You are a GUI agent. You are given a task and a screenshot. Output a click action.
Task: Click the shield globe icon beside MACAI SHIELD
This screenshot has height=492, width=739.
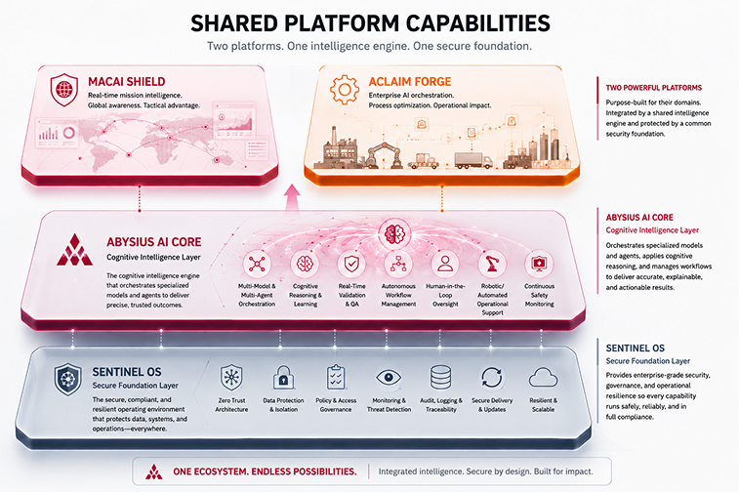coord(64,90)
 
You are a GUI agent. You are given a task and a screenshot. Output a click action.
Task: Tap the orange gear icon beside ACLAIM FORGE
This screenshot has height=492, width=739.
coord(345,89)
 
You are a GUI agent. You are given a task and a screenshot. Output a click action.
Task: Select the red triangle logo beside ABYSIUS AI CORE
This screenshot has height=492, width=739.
coord(74,250)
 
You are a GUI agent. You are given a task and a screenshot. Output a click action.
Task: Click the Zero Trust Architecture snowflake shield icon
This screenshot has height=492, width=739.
coord(231,378)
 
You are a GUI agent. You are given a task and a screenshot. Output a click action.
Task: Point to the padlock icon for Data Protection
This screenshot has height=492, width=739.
coord(284,378)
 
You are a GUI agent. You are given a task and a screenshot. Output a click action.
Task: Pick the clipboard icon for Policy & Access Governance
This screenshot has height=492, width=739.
coord(336,378)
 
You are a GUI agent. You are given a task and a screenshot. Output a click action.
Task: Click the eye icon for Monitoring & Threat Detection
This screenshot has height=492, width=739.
coord(389,378)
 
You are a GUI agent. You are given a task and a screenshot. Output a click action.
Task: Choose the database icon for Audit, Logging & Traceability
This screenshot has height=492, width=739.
coord(440,378)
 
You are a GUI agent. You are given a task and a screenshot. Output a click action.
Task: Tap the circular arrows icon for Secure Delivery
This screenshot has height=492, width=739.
coord(492,378)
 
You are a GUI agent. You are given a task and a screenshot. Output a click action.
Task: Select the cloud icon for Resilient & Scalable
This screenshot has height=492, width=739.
coord(543,378)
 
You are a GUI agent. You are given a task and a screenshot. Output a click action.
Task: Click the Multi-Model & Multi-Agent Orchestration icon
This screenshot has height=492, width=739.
coord(257,264)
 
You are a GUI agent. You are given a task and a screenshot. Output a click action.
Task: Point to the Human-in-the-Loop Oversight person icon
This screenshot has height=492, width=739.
coord(445,264)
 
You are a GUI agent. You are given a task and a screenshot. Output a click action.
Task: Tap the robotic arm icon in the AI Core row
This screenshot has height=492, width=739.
coord(492,264)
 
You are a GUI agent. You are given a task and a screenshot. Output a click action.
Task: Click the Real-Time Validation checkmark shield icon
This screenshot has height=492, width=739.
coord(351,264)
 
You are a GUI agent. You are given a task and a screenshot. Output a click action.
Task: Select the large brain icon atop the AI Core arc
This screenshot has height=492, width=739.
coord(395,233)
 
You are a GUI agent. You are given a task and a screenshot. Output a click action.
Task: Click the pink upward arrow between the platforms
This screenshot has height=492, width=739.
coord(292,199)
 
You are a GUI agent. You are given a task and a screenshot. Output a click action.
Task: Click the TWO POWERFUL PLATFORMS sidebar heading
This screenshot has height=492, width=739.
coord(654,88)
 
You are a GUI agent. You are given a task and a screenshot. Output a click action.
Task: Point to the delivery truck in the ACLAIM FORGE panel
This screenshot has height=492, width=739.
coord(473,160)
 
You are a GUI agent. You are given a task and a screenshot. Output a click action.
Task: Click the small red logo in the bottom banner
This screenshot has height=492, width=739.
coord(153,471)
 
